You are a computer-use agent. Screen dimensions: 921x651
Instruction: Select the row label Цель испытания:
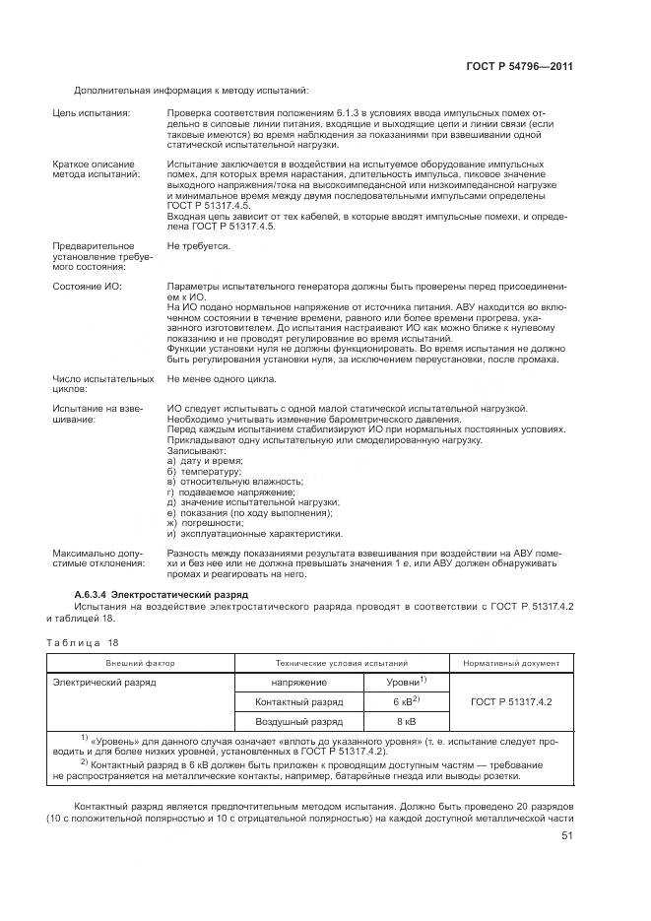(x=92, y=115)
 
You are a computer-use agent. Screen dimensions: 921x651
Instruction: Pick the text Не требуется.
(x=199, y=245)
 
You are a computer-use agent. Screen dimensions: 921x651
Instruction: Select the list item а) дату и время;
(x=205, y=461)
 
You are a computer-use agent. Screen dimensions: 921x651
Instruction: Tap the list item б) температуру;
(x=205, y=472)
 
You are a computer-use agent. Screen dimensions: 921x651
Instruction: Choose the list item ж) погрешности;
(x=206, y=524)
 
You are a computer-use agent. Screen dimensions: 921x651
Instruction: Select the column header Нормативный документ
(x=510, y=663)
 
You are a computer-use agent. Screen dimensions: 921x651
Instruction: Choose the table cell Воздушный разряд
(x=299, y=721)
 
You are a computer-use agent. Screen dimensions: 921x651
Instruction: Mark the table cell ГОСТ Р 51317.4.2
(x=510, y=701)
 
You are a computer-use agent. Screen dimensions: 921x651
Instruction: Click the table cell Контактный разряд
(x=299, y=701)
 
